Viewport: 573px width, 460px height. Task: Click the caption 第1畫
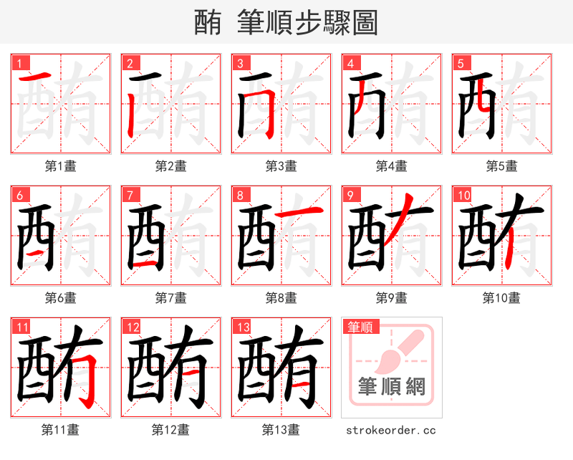click(61, 166)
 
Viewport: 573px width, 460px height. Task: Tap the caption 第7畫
click(171, 297)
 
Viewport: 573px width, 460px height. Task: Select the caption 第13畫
click(281, 430)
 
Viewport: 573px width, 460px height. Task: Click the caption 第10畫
click(501, 297)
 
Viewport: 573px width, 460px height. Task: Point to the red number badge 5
click(460, 63)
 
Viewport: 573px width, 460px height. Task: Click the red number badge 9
click(350, 195)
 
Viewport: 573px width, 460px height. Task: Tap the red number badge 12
click(130, 327)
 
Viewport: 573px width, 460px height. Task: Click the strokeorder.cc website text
click(391, 431)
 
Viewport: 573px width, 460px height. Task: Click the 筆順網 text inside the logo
click(391, 387)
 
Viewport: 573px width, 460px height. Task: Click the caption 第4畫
click(391, 166)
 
